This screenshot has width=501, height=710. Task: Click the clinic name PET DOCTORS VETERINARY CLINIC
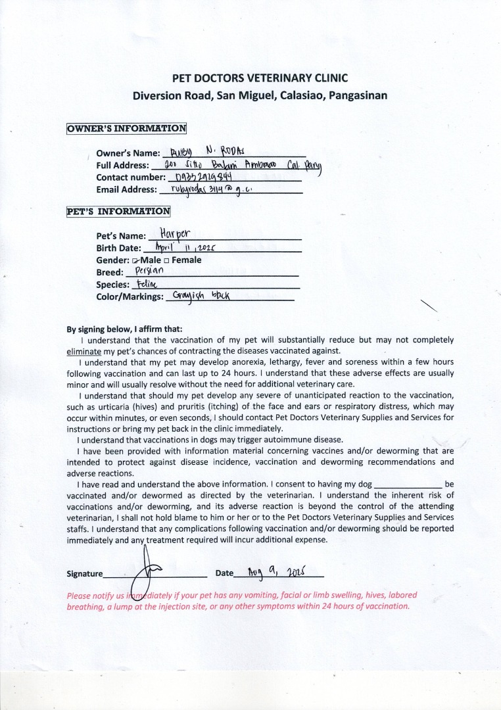260,78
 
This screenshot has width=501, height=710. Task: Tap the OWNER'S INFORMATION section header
126,128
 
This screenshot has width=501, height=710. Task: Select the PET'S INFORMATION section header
118,212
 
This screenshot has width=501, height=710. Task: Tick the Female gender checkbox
167,260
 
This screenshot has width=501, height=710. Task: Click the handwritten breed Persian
149,271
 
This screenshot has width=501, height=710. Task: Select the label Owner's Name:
128,153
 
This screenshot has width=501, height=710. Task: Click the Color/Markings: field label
130,297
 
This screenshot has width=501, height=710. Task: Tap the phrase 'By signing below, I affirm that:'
124,329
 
